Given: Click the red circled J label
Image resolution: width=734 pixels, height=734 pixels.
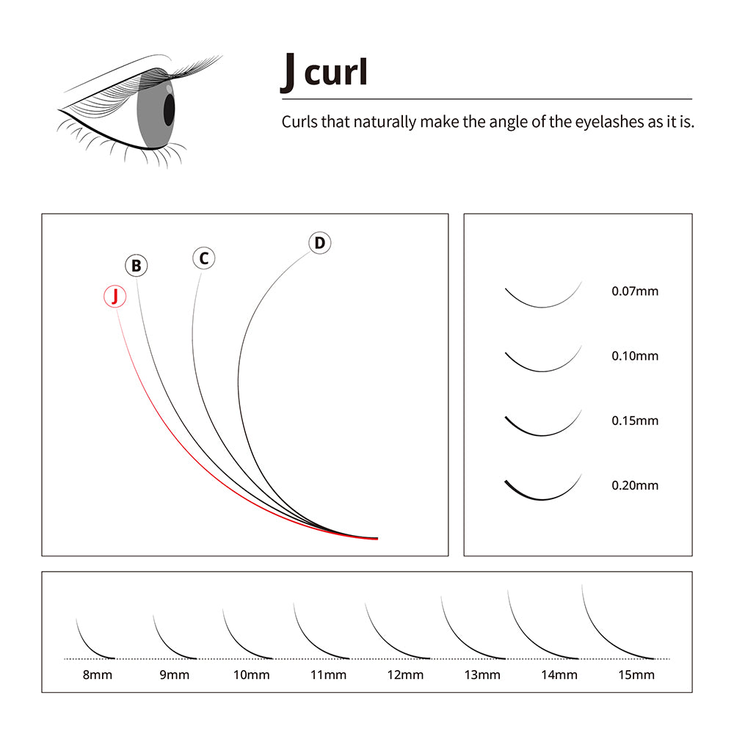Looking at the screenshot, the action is (x=115, y=297).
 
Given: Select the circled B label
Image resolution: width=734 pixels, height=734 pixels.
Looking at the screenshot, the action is (x=137, y=266).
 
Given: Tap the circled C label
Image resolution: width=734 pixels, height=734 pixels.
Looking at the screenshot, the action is (x=203, y=258).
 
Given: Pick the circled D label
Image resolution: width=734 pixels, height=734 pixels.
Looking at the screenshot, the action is (x=320, y=243).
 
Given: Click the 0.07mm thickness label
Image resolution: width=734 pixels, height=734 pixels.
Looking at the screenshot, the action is (x=635, y=291).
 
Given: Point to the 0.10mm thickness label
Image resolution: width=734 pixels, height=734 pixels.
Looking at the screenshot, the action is (x=635, y=356).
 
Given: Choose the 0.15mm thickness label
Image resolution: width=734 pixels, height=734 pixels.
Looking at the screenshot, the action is (x=635, y=421).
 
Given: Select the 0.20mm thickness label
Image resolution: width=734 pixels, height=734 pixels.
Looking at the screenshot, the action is (x=635, y=485).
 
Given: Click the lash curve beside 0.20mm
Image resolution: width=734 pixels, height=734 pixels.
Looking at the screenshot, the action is (x=542, y=499).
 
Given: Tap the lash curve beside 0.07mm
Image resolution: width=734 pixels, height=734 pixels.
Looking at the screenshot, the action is (x=542, y=307).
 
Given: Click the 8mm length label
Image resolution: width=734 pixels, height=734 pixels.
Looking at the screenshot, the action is (x=98, y=675).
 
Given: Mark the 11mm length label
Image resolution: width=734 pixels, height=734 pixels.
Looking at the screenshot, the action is (x=328, y=675).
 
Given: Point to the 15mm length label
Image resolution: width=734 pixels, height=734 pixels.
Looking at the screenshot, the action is (x=636, y=675).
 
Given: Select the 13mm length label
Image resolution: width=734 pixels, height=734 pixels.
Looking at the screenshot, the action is (x=482, y=675).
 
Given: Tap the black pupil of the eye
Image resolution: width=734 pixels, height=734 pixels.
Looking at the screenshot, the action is (x=169, y=109).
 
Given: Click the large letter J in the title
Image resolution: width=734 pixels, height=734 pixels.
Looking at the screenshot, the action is (x=288, y=73).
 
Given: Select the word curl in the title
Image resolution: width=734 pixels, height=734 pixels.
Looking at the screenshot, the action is (x=335, y=72).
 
